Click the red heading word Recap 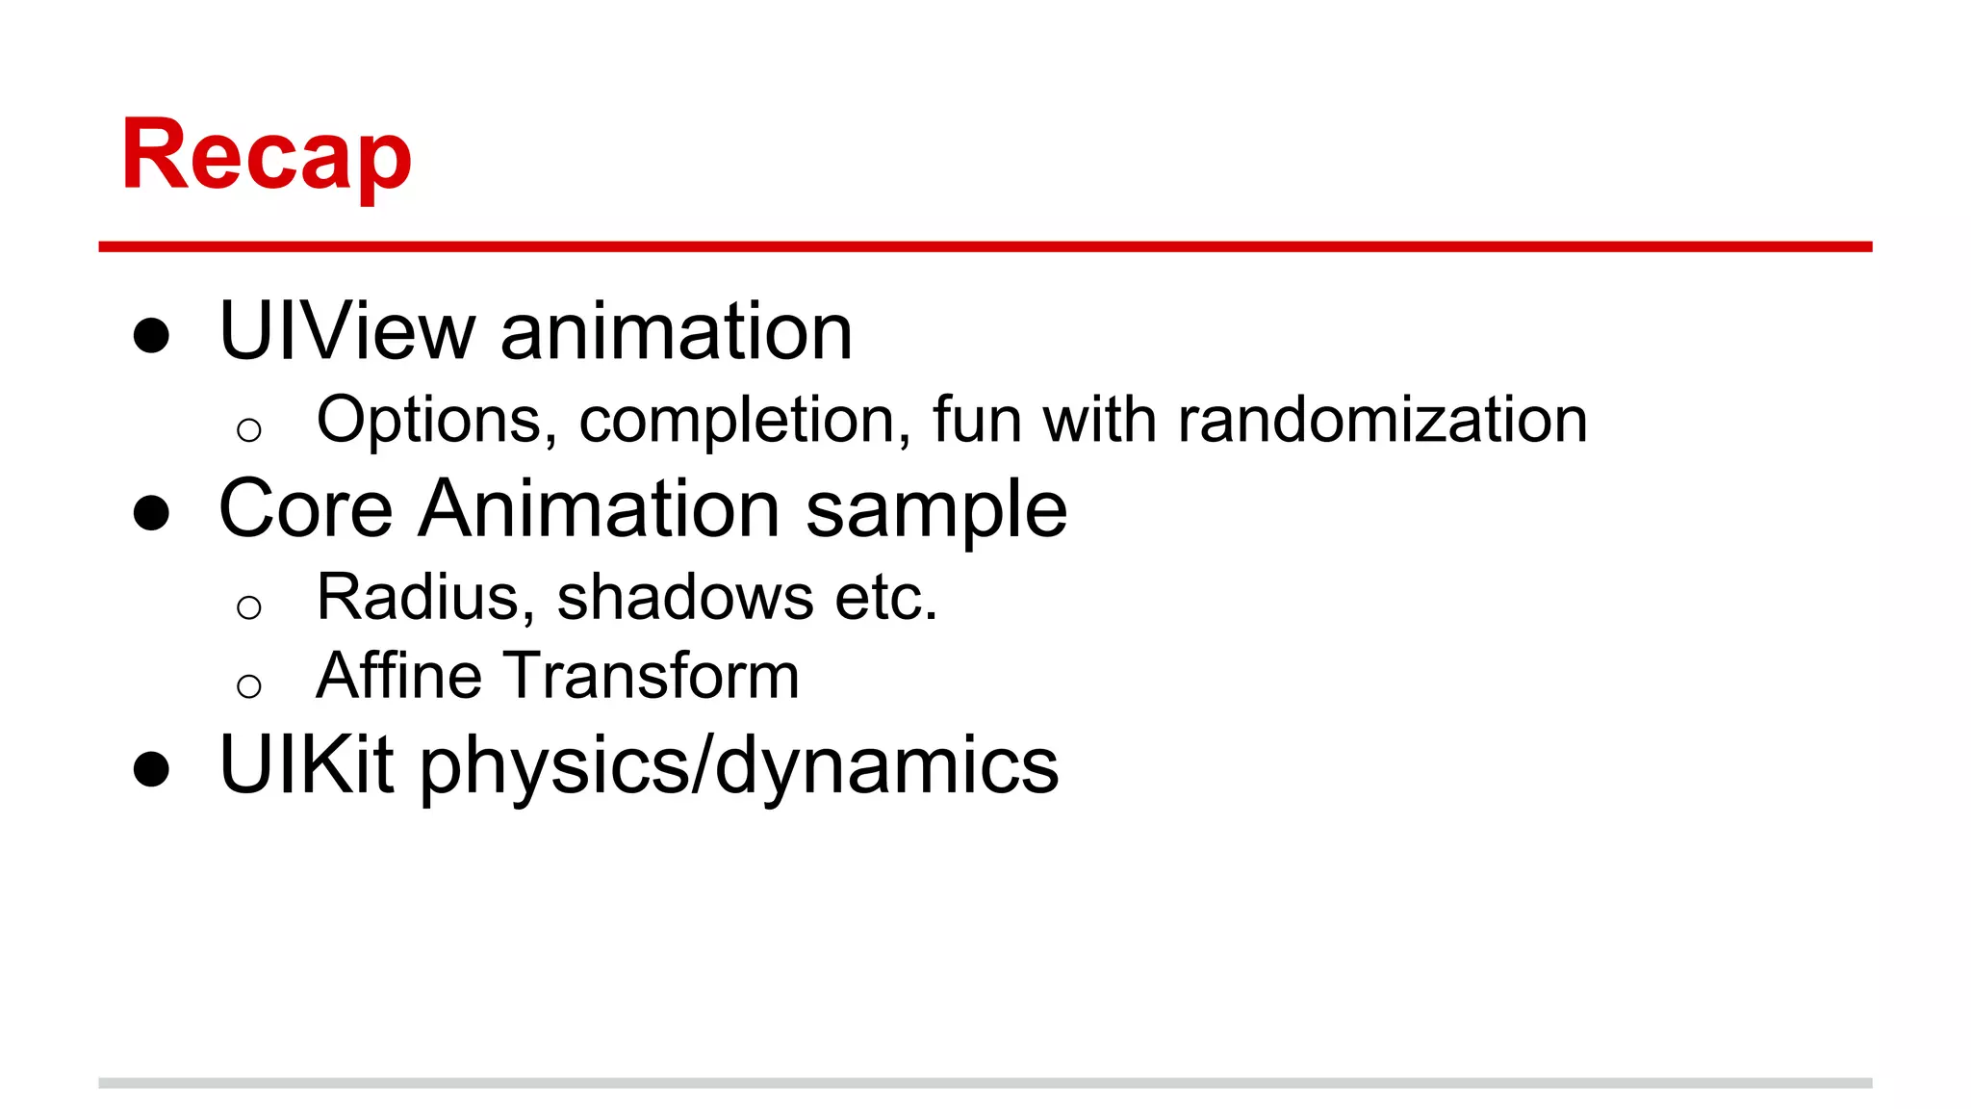pyautogui.click(x=267, y=156)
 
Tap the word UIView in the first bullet pyautogui.click(x=346, y=332)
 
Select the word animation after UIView pyautogui.click(x=676, y=332)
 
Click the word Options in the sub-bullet pyautogui.click(x=436, y=421)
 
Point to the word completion pyautogui.click(x=744, y=421)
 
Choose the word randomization pyautogui.click(x=1382, y=421)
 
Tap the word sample pyautogui.click(x=935, y=510)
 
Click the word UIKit pyautogui.click(x=306, y=765)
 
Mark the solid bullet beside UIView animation pyautogui.click(x=151, y=336)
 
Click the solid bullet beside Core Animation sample pyautogui.click(x=151, y=513)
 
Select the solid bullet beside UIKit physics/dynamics pyautogui.click(x=151, y=769)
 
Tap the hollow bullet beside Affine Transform pyautogui.click(x=248, y=686)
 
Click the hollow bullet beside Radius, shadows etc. pyautogui.click(x=248, y=607)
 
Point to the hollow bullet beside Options pyautogui.click(x=248, y=429)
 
